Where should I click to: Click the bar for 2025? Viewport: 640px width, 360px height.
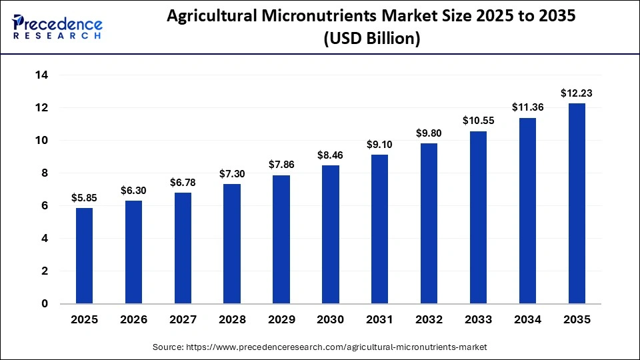[x=84, y=256]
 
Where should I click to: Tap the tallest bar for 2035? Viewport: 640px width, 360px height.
[x=577, y=203]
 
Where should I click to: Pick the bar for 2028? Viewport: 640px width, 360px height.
[x=232, y=244]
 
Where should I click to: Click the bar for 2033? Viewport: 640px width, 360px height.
[x=478, y=217]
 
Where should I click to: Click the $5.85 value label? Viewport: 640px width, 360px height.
[x=84, y=198]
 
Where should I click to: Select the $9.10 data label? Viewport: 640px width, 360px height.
[x=379, y=145]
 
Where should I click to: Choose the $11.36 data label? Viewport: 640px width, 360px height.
[x=527, y=107]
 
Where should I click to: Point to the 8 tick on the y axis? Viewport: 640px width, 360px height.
[x=45, y=173]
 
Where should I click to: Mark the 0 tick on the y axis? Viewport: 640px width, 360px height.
[x=45, y=304]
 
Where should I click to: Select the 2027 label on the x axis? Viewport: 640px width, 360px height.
[x=183, y=320]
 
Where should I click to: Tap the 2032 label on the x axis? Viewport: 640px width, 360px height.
[x=429, y=320]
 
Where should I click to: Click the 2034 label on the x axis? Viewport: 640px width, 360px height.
[x=527, y=320]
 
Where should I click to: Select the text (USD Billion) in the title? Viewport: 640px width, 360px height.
[x=371, y=39]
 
